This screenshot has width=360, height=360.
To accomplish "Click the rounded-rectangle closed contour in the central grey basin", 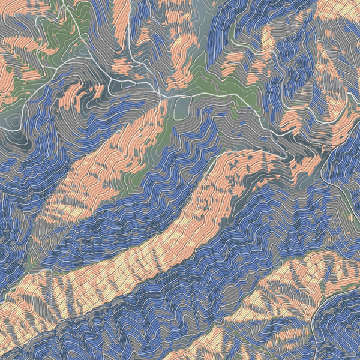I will [182, 108].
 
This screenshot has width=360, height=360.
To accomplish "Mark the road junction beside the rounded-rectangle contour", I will [166, 96].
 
